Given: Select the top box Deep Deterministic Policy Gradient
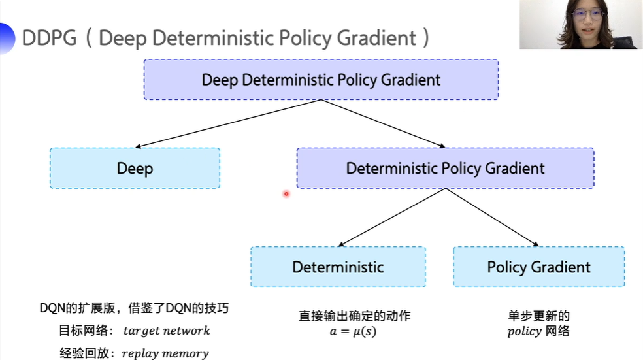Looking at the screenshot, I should (321, 80).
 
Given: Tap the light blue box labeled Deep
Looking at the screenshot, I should (135, 168).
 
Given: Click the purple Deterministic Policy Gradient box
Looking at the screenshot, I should (445, 168).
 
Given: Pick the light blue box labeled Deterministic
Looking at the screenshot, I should (338, 267).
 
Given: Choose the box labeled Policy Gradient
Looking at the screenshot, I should (538, 267).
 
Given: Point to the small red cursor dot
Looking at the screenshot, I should (286, 193).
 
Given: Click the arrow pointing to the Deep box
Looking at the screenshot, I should (229, 124).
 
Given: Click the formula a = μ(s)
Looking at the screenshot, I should (353, 331).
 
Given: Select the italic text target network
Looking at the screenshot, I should (166, 331).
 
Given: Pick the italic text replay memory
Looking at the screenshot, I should (165, 353).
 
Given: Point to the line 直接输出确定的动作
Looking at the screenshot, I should (355, 316).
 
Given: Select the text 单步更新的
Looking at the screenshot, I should (538, 316).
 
